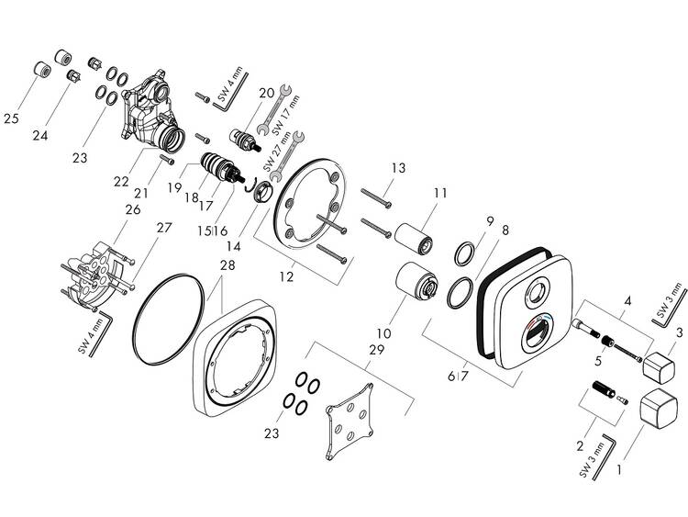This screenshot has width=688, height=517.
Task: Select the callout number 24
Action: (x=39, y=136)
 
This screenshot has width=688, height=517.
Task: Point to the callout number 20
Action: (x=266, y=93)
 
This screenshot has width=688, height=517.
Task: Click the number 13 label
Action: (x=397, y=168)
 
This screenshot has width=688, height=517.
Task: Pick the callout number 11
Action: (x=440, y=194)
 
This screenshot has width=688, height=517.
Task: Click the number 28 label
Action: (x=227, y=266)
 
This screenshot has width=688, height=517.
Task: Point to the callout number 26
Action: (x=133, y=211)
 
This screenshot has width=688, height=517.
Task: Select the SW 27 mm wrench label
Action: (x=271, y=158)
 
